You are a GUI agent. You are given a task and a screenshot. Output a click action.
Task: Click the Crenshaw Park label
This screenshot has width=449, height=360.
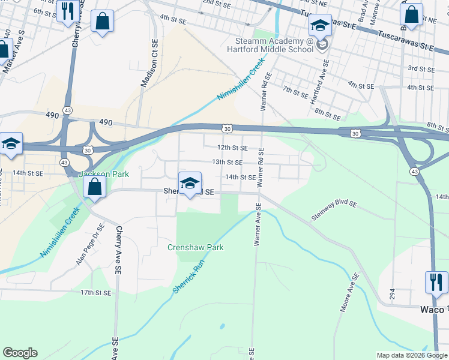coord(195,247)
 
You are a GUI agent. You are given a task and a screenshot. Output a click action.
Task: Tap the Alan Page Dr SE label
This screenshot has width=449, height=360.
coord(90,245)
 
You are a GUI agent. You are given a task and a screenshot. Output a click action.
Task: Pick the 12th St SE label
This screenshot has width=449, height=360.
coord(232,147)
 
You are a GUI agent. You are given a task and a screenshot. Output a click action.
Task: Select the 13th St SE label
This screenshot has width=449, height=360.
coord(227,162)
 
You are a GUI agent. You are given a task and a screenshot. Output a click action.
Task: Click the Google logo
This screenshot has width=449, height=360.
coord(20,353)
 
